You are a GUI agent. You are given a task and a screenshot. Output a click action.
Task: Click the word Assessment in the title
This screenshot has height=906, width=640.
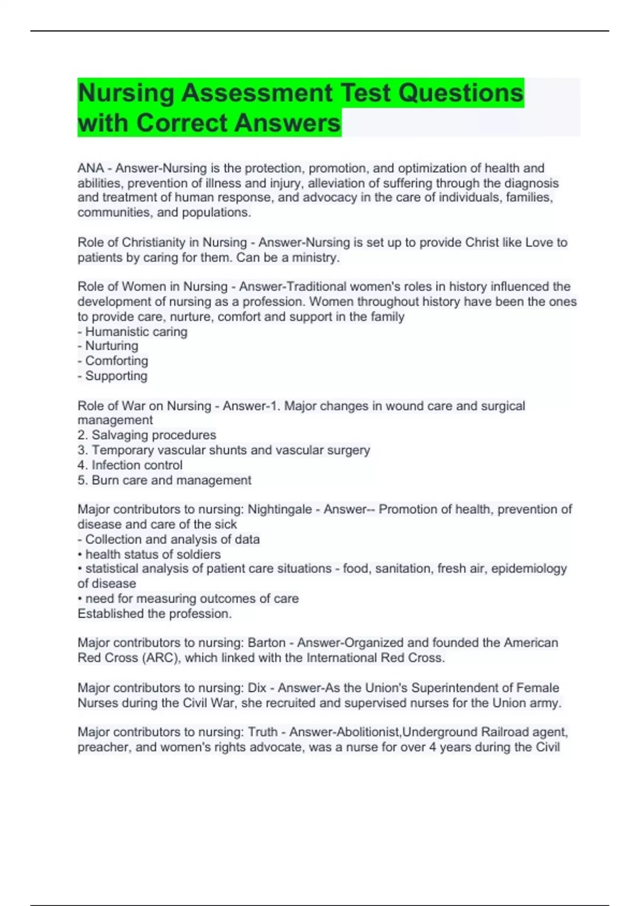pos(257,93)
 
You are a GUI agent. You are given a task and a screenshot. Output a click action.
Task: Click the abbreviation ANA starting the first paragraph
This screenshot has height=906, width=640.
pos(91,168)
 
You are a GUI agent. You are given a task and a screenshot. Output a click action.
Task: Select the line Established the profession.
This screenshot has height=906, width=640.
pos(155,614)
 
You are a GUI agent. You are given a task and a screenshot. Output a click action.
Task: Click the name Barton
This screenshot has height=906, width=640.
pos(267,643)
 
